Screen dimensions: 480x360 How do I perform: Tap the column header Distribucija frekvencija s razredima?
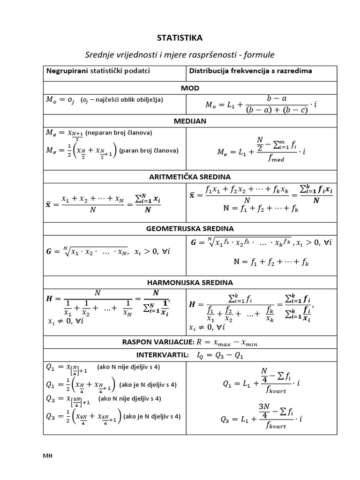pos(250,71)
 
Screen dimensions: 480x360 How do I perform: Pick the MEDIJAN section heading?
pos(190,121)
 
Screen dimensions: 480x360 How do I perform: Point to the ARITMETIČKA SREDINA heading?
pos(190,177)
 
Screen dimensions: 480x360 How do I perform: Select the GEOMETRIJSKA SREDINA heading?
pos(190,228)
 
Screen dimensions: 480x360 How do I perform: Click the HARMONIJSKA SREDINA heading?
pos(190,282)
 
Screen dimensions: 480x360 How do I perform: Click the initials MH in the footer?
pos(47,456)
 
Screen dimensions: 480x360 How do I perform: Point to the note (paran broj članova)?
pos(149,150)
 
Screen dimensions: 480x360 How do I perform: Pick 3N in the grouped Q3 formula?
pos(265,406)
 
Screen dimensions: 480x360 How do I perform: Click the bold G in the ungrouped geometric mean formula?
pos(49,251)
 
